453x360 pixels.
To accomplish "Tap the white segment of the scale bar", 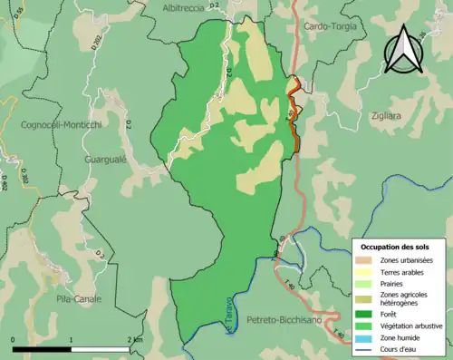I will [x=102, y=348].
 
